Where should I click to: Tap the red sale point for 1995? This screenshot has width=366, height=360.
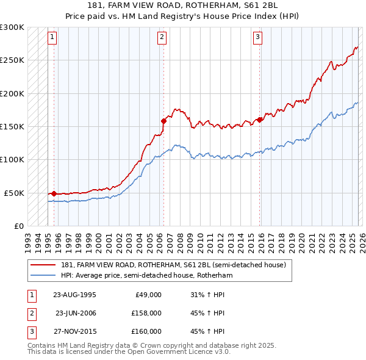54,193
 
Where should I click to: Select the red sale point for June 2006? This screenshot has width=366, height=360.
163,121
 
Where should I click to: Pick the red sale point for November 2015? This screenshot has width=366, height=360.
260,120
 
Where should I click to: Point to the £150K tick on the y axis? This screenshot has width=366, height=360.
12,127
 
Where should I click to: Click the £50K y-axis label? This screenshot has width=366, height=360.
14,193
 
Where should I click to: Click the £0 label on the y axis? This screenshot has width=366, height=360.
18,226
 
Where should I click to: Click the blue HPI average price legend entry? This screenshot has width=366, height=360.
147,276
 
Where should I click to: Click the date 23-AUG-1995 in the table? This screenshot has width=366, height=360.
74,295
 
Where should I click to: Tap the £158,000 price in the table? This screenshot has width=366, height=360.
146,313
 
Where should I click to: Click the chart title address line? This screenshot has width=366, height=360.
183,7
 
